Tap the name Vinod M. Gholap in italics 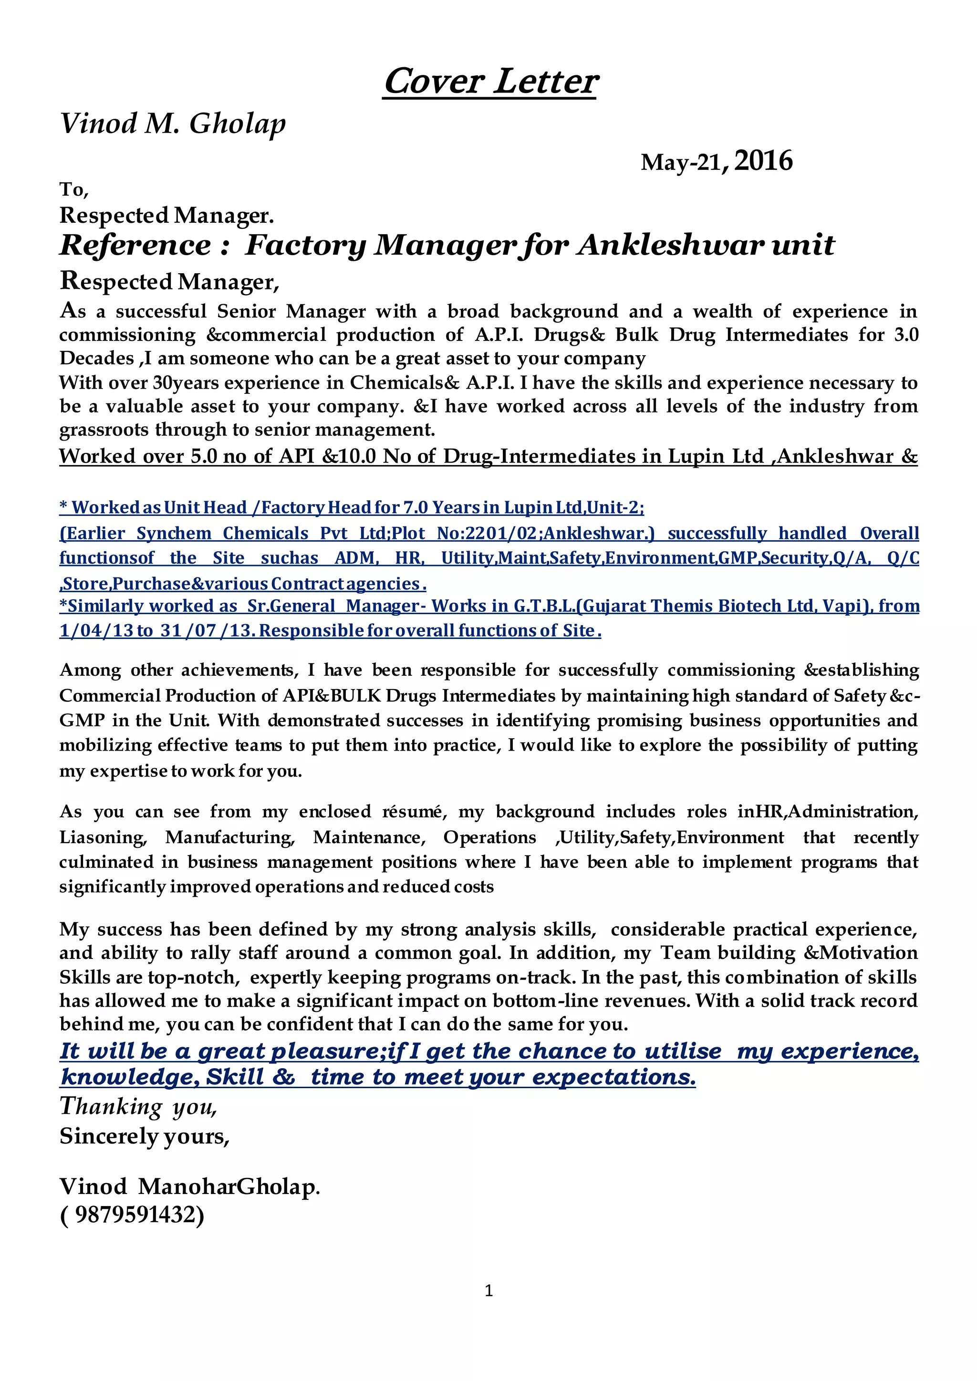173,124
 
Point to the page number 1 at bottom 488,1290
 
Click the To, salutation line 74,189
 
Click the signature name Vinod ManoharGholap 189,1186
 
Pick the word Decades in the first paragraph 96,359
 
